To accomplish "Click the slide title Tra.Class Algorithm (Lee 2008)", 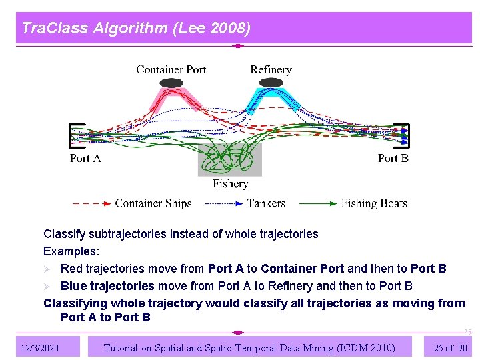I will coord(136,28).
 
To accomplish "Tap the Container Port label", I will coord(171,69).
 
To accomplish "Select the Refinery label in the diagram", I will coord(271,69).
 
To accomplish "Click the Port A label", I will coord(85,158).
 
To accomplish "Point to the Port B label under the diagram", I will coord(393,158).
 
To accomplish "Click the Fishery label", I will coord(230,183).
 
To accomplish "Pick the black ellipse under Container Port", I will coord(172,83).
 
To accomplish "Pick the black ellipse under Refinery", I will coord(271,83).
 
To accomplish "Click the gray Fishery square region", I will coord(230,160).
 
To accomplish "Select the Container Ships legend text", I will coord(153,203).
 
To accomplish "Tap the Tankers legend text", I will coord(266,203).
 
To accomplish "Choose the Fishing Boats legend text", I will coord(374,203).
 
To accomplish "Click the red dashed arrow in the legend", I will coord(91,203).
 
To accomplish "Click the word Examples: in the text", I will coord(71,251).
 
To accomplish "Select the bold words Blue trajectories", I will coord(107,286).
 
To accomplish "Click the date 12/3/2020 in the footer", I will coord(39,348).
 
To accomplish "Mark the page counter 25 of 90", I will coord(450,348).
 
